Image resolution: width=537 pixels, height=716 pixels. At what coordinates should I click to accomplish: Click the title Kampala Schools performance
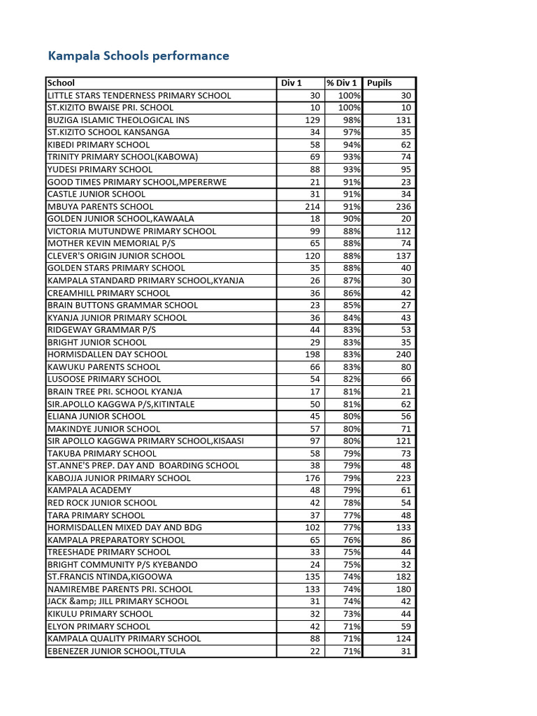(138, 55)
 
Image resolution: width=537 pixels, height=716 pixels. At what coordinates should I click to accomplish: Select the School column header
(61, 83)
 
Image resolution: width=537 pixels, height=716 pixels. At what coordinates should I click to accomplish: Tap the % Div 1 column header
(342, 83)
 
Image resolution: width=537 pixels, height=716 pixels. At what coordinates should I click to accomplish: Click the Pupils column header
(380, 83)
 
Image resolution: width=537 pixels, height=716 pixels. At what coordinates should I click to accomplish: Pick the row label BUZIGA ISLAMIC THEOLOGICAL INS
(118, 120)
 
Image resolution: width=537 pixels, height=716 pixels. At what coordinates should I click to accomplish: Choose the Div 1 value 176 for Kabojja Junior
(310, 478)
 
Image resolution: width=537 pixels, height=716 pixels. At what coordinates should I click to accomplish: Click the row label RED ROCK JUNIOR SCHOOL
(102, 503)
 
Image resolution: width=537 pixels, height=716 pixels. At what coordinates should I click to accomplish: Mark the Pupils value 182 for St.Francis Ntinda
(403, 577)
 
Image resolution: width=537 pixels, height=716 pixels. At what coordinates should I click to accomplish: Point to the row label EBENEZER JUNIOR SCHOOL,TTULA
(117, 651)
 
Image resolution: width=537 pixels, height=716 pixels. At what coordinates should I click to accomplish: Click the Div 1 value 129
(310, 120)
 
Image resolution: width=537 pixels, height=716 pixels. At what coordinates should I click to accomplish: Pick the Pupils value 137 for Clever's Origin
(403, 256)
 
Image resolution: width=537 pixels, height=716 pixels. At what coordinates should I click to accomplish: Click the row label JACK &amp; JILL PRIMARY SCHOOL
(108, 601)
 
